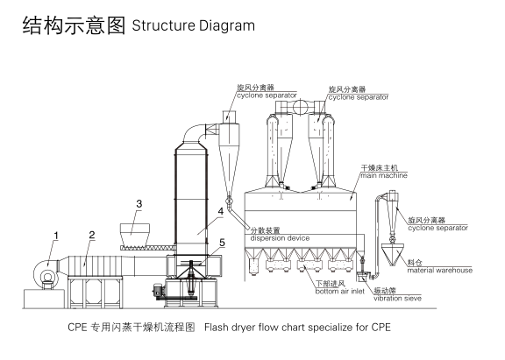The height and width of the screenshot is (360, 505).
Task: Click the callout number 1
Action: point(56,236)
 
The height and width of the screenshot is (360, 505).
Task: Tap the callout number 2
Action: point(92,235)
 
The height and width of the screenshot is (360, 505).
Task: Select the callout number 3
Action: point(139,203)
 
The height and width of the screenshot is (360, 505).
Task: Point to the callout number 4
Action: point(221,211)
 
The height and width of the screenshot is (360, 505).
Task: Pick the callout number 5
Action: point(222,243)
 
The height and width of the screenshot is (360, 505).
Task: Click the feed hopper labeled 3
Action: point(135,234)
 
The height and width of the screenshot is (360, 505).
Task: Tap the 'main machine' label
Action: point(384,176)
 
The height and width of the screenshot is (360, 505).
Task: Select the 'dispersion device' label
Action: point(280,238)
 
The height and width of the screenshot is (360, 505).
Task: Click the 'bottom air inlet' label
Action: point(340,291)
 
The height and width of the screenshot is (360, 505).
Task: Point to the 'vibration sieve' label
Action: point(397,298)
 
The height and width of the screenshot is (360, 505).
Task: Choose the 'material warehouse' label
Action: point(439,271)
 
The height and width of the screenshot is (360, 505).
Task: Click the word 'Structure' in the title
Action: point(163,25)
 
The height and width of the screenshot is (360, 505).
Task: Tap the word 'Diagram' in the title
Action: point(227,26)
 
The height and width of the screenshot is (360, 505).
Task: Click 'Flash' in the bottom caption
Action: point(214,328)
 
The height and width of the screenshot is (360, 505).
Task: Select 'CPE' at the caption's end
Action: point(381,328)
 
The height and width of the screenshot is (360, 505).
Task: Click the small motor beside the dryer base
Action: point(158,290)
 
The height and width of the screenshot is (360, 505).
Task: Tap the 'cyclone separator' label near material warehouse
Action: point(437,228)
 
